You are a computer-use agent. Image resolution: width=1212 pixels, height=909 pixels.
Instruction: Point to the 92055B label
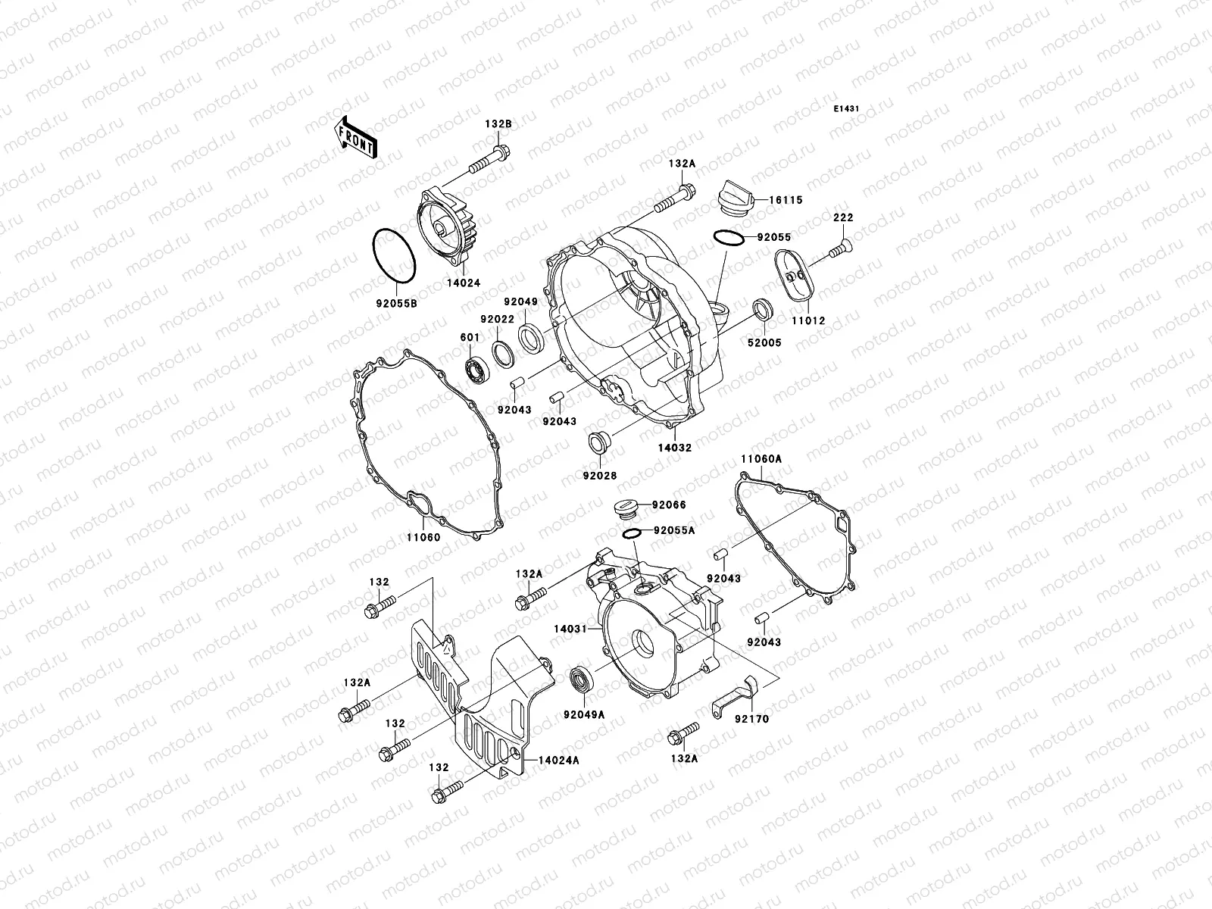click(396, 304)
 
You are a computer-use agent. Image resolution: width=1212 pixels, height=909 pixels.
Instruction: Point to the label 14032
click(674, 448)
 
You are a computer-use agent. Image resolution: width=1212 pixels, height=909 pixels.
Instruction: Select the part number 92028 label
click(599, 476)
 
